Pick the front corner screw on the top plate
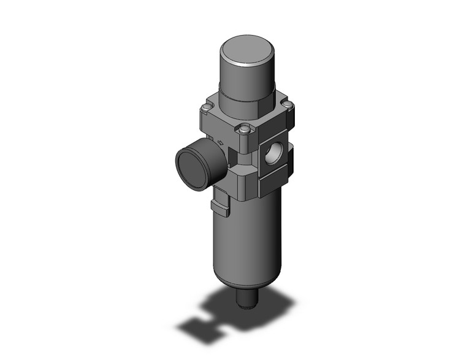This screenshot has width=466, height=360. (x=245, y=129)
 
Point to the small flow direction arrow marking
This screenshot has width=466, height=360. (x=220, y=143)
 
